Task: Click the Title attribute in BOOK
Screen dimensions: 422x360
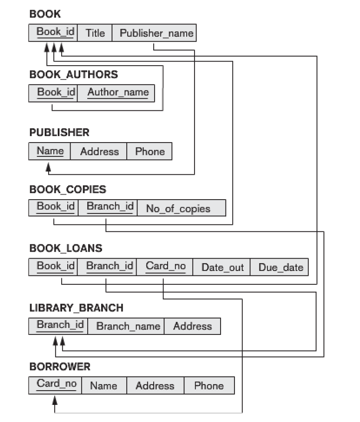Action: coord(95,33)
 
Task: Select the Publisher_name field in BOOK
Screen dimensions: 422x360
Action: coord(157,33)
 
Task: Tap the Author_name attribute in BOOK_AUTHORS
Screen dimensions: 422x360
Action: coord(118,92)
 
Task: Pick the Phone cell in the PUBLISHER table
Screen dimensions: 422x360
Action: coord(150,152)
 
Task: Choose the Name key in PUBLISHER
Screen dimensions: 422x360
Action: coord(50,151)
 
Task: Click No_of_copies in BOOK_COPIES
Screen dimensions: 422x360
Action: coord(178,209)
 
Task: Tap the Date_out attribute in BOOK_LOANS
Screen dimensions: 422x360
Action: coord(222,267)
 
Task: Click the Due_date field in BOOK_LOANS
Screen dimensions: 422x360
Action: coord(281,267)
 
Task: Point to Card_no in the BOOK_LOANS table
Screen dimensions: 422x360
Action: coord(166,266)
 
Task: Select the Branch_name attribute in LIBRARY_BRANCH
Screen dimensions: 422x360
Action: coord(128,326)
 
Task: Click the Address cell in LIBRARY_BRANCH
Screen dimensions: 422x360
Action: coord(192,326)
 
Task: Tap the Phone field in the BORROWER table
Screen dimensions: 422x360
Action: coord(209,386)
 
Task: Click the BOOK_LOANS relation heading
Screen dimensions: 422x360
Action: coord(66,248)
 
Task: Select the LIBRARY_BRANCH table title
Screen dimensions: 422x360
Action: coord(76,308)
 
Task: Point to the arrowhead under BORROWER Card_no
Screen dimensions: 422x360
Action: coord(55,402)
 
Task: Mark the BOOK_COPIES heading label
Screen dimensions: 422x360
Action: coord(68,189)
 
